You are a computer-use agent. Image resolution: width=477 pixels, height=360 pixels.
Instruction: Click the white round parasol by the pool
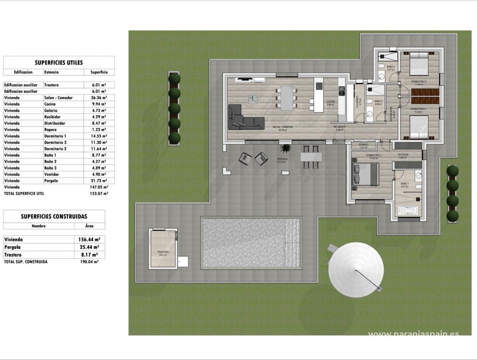(356, 270)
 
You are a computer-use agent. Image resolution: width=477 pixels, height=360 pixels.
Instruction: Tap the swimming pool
(251, 243)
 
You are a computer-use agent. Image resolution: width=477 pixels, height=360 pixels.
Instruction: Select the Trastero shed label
(163, 252)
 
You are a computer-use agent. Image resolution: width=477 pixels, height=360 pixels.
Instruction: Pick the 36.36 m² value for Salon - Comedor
(99, 98)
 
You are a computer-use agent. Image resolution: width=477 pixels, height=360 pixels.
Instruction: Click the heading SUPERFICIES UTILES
(59, 63)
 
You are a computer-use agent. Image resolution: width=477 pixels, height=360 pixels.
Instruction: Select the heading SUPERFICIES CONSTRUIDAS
(54, 216)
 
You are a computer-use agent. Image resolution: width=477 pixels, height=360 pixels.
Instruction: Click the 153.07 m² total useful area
(99, 194)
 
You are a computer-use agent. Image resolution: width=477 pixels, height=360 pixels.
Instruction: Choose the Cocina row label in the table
(50, 104)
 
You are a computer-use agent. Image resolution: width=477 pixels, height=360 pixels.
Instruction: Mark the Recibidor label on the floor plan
(339, 126)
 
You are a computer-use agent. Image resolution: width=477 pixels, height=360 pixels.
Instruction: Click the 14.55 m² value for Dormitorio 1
(99, 136)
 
